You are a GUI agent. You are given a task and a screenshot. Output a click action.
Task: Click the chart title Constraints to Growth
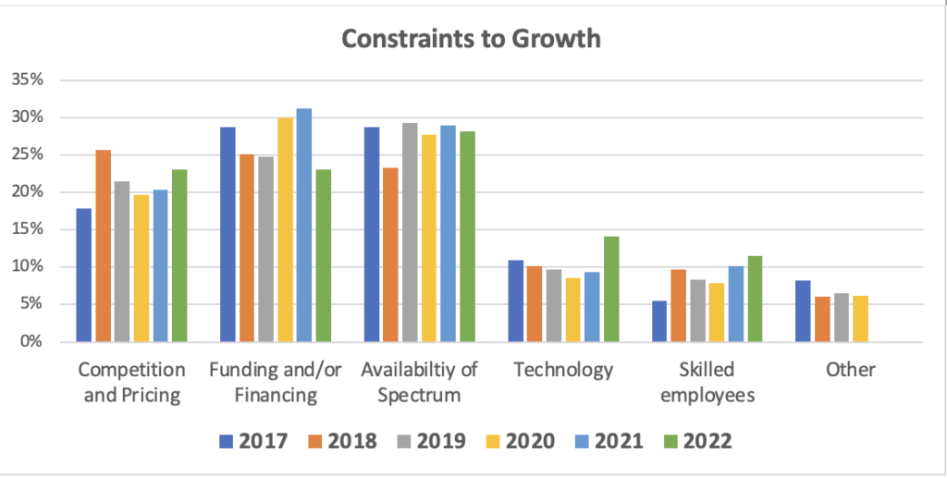471,39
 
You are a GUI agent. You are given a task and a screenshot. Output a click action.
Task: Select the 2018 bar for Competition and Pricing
103,246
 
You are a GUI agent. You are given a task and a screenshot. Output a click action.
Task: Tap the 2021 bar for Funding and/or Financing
303,226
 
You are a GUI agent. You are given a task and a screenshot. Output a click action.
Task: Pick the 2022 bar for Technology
610,289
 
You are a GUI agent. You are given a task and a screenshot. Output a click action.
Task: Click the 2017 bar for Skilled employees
659,321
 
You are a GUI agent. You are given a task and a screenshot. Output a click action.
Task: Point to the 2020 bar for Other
860,319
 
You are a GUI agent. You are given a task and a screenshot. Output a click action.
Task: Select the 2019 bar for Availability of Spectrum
410,232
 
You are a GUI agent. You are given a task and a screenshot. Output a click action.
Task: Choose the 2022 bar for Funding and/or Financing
323,255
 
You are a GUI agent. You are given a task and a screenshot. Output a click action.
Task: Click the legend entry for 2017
252,441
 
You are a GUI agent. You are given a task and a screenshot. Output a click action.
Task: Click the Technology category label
563,371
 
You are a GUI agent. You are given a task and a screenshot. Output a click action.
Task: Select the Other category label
851,371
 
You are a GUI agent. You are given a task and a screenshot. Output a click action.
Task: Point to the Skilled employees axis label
707,383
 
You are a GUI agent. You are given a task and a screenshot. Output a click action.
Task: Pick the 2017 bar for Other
803,312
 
